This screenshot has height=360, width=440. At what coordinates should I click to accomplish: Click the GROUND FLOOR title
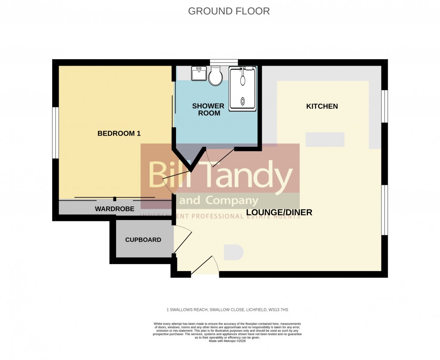(229, 11)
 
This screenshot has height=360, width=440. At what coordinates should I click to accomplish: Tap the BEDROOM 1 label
(119, 133)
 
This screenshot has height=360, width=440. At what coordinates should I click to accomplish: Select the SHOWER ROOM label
(208, 110)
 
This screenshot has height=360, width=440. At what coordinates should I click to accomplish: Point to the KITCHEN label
(322, 106)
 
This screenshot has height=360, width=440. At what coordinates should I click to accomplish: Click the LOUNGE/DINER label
(279, 212)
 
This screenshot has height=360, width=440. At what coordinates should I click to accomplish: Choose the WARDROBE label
(115, 209)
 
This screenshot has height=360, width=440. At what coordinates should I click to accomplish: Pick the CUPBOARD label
(143, 240)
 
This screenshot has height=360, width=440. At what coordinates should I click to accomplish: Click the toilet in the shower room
(215, 76)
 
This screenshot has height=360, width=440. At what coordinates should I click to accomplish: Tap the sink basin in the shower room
(199, 73)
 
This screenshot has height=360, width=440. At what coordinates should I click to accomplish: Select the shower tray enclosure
(243, 88)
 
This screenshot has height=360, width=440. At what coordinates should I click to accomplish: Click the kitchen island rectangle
(325, 139)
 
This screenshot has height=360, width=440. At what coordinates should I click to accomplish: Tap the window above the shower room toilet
(224, 62)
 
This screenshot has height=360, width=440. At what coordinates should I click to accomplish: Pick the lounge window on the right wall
(384, 210)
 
